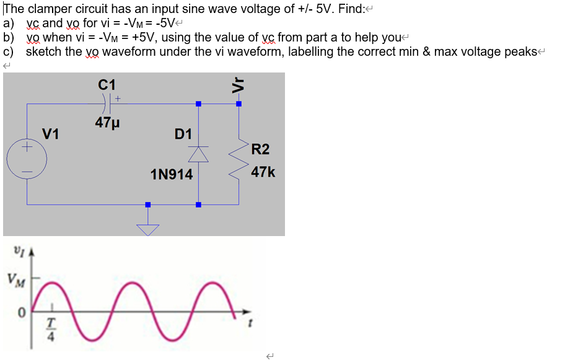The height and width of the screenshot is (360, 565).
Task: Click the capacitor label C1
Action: [x=107, y=84]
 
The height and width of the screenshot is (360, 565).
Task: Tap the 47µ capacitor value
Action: [x=107, y=123]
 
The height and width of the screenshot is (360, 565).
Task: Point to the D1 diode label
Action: [x=183, y=134]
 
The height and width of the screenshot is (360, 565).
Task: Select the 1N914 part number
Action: [x=172, y=175]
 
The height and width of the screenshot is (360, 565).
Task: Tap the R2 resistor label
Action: [x=261, y=149]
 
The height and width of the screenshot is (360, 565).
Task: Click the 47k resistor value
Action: [x=263, y=172]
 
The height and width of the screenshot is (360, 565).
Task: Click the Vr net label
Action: [x=236, y=85]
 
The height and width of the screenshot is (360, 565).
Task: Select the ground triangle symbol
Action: [x=147, y=229]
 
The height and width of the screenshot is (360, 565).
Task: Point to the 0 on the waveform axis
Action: [x=20, y=316]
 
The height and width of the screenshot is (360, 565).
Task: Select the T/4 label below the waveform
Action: [x=53, y=331]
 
